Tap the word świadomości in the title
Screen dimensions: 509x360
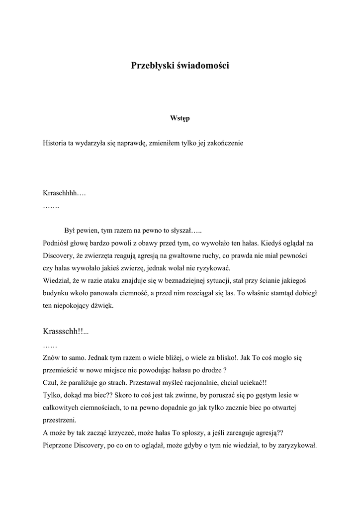click(x=203, y=65)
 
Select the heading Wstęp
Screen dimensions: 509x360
click(x=180, y=118)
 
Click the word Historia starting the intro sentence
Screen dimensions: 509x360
click(x=55, y=143)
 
